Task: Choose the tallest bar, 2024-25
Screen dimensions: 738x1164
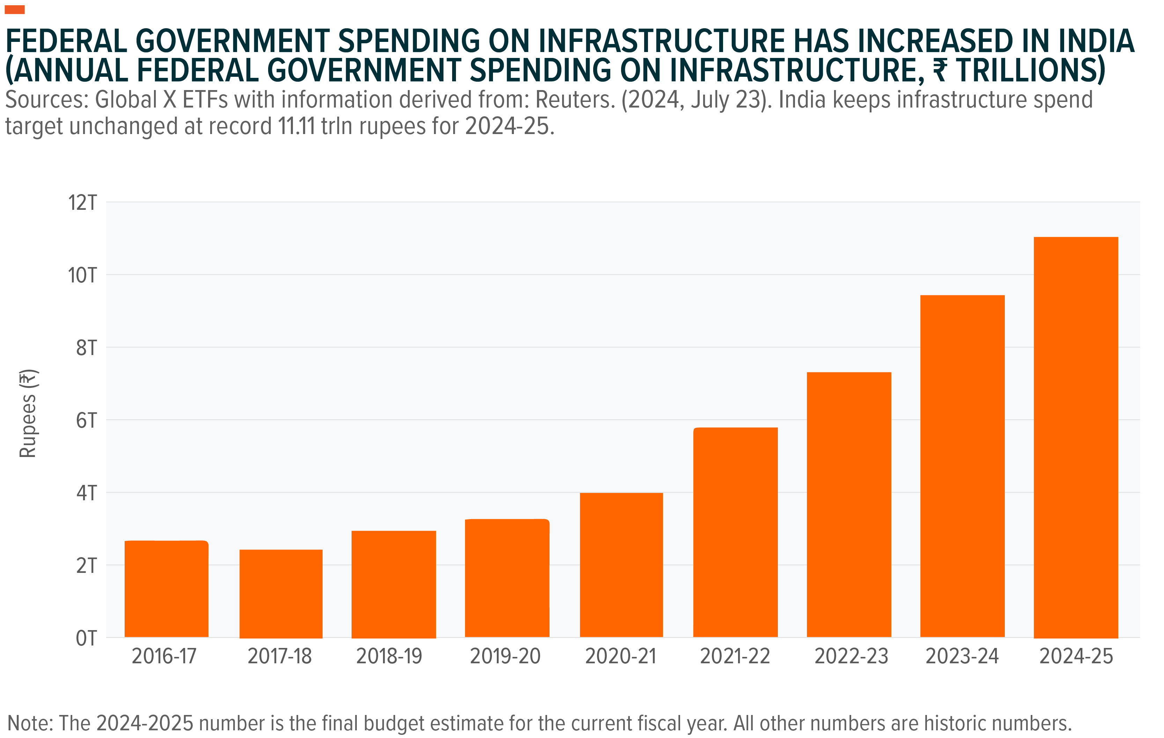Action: click(1076, 437)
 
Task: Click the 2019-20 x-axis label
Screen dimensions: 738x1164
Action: click(505, 656)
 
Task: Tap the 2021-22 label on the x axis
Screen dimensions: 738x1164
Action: click(735, 656)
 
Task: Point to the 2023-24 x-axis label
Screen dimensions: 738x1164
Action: click(962, 656)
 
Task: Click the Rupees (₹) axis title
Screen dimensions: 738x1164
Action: click(28, 413)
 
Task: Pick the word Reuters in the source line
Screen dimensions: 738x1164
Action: click(575, 100)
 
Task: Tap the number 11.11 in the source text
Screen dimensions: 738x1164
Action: click(296, 127)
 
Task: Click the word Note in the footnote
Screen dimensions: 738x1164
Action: click(29, 723)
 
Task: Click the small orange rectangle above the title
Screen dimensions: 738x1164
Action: click(15, 10)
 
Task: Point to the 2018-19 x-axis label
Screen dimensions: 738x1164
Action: click(389, 656)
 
